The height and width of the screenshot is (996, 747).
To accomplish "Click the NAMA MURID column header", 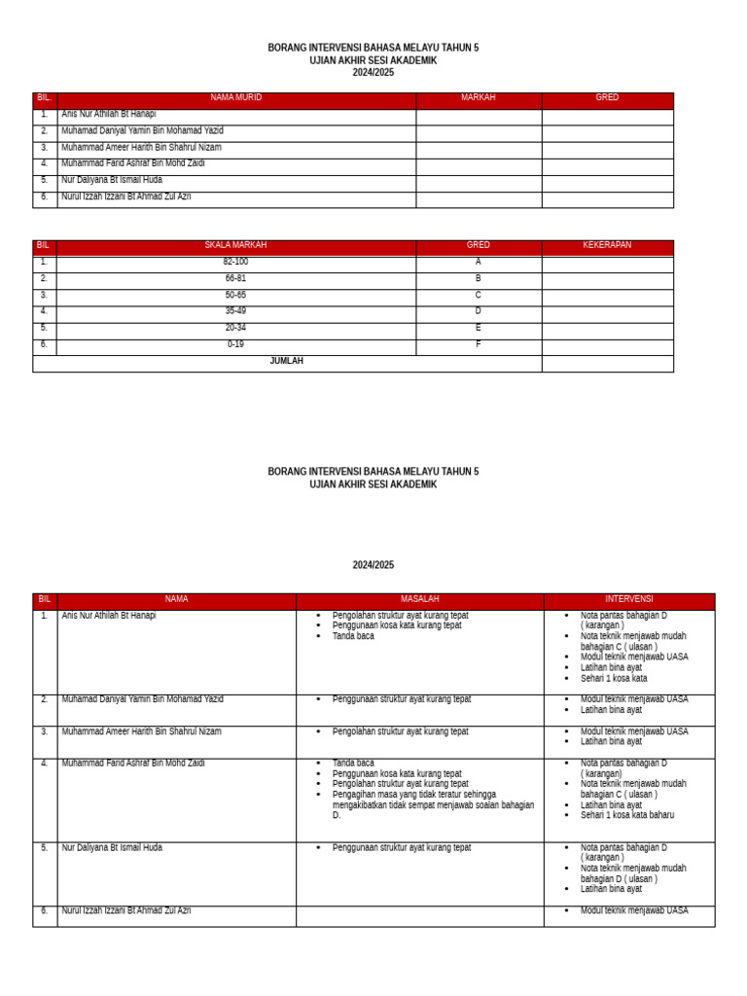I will [x=235, y=98].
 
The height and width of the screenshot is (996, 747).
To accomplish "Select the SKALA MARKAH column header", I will [x=235, y=246].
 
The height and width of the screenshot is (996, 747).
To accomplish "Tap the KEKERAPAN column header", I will [x=607, y=246].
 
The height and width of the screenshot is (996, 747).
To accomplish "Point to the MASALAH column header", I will [x=419, y=600].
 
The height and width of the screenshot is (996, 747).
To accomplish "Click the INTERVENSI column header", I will [x=628, y=600].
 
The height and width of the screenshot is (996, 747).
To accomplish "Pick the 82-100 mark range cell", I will [x=235, y=263].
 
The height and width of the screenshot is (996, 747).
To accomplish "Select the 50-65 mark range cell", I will [x=235, y=296].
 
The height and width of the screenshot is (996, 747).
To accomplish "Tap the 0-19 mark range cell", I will [x=235, y=344].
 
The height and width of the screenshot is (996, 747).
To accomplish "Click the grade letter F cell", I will [x=478, y=344].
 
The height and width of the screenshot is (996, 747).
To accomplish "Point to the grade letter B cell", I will [x=478, y=279].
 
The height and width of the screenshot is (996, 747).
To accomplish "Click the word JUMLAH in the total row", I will [x=286, y=362].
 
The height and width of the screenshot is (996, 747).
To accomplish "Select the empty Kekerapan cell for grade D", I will [x=607, y=312].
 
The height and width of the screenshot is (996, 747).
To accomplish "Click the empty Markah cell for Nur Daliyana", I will [x=479, y=182].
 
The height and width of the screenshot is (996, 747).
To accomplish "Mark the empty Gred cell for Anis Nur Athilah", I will [x=607, y=116].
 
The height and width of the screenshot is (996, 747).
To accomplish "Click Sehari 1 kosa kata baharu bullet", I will [x=626, y=816].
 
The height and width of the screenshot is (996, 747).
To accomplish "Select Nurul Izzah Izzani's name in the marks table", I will [x=125, y=197].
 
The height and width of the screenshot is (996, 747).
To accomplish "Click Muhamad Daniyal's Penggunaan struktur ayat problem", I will [x=401, y=700].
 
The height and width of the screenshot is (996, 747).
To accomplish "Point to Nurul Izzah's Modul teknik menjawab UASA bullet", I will [x=633, y=911].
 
